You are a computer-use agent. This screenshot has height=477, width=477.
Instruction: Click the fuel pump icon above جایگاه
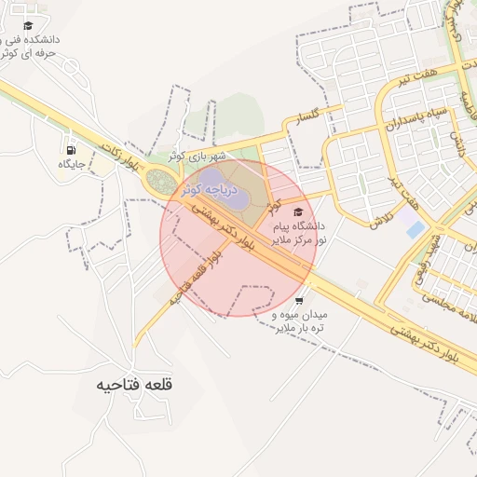click(71, 150)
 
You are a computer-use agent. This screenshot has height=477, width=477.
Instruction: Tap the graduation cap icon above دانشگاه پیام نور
click(298, 212)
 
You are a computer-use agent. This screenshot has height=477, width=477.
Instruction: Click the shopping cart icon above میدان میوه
click(299, 301)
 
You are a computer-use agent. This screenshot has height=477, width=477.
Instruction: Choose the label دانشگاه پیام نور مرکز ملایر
click(297, 233)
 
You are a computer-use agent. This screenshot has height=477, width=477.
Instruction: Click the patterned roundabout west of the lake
click(160, 183)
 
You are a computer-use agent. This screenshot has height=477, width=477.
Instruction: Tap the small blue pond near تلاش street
click(416, 228)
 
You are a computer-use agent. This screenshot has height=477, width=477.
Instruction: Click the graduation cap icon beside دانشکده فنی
click(28, 26)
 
